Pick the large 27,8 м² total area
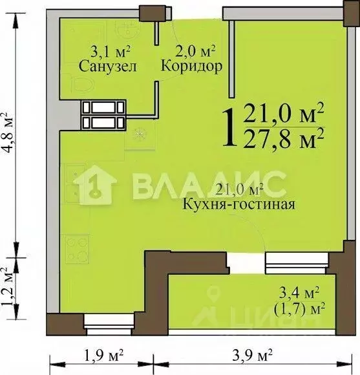click(284, 136)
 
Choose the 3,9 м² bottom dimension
click(252, 355)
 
